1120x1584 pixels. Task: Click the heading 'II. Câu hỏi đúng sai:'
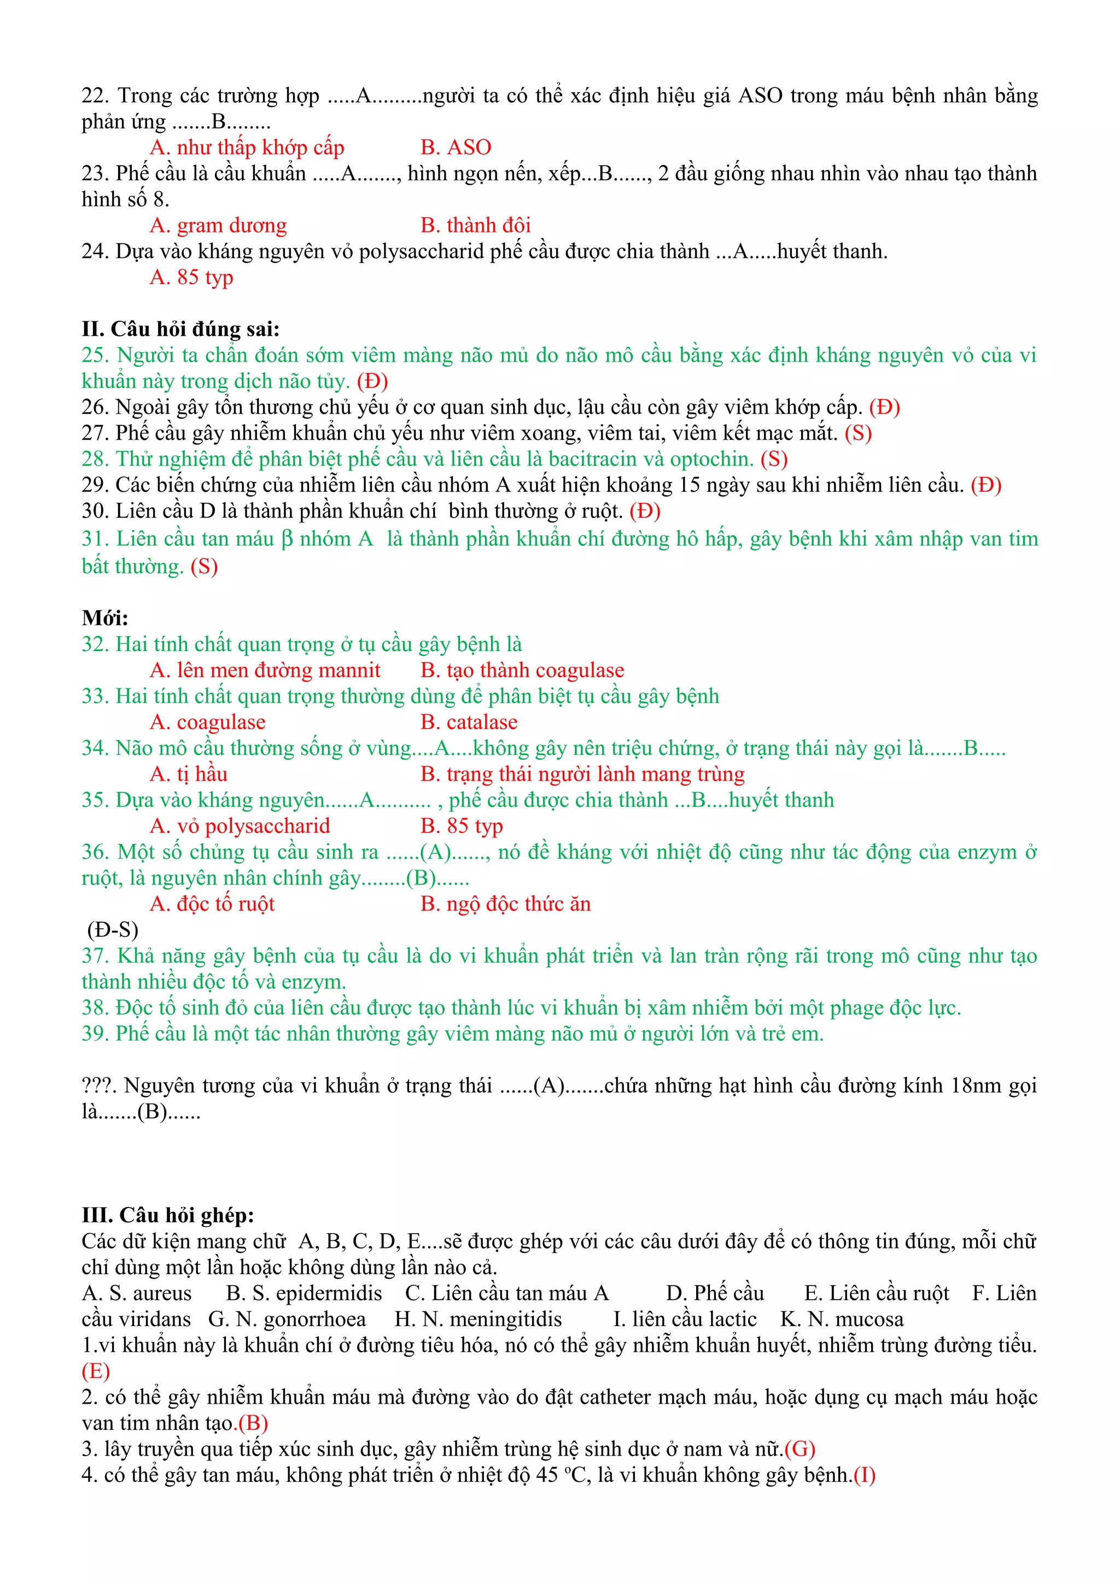(x=180, y=329)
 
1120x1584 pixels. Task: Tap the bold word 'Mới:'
(x=105, y=618)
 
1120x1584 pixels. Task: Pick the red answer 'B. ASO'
(x=456, y=147)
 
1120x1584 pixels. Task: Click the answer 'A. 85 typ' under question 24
(x=191, y=277)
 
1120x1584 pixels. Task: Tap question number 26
(x=95, y=407)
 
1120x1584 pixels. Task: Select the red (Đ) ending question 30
(x=645, y=511)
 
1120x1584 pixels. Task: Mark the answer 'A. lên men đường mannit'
(x=265, y=670)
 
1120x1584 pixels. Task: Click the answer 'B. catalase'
(x=469, y=723)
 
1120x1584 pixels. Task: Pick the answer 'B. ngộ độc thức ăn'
(x=505, y=904)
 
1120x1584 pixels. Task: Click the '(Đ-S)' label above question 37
(x=113, y=930)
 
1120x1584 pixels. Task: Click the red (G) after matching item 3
(x=800, y=1450)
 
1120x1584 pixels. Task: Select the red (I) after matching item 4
(x=864, y=1475)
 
